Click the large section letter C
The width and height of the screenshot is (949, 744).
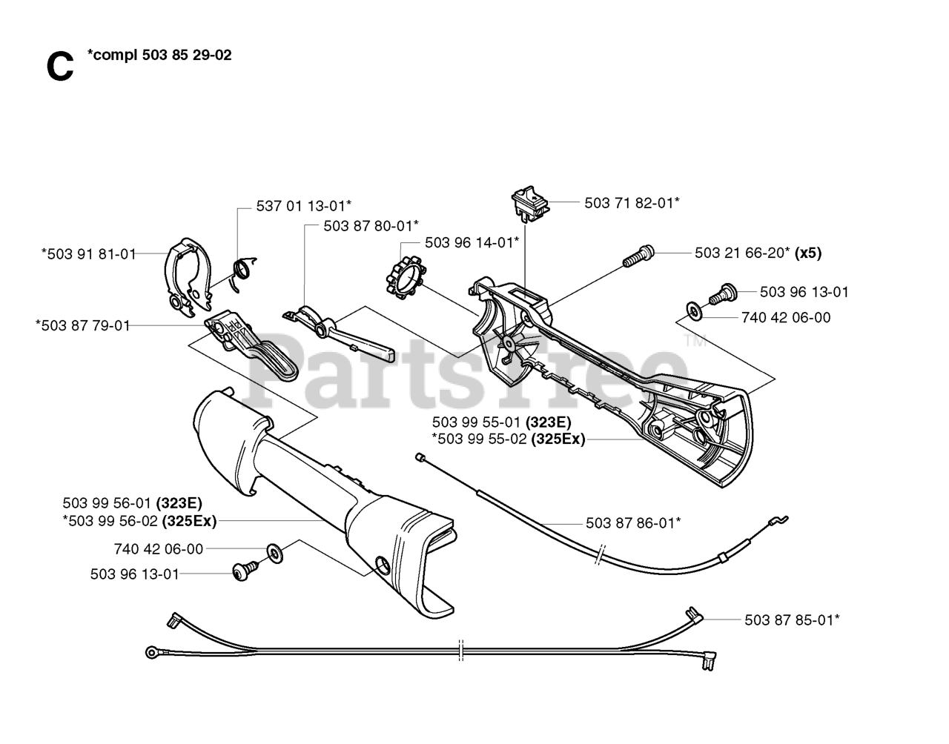tap(59, 67)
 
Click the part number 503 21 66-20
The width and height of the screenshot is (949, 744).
tap(741, 253)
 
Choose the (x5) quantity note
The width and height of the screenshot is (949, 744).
tap(807, 253)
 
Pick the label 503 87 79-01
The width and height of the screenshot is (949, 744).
tap(82, 325)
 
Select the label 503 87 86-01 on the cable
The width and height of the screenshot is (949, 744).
tap(632, 522)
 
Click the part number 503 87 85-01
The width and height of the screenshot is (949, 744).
tap(792, 619)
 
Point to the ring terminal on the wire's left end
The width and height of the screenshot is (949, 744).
tap(152, 652)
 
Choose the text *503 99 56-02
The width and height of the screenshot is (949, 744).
tap(110, 521)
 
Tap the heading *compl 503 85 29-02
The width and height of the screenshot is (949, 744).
tap(159, 55)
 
